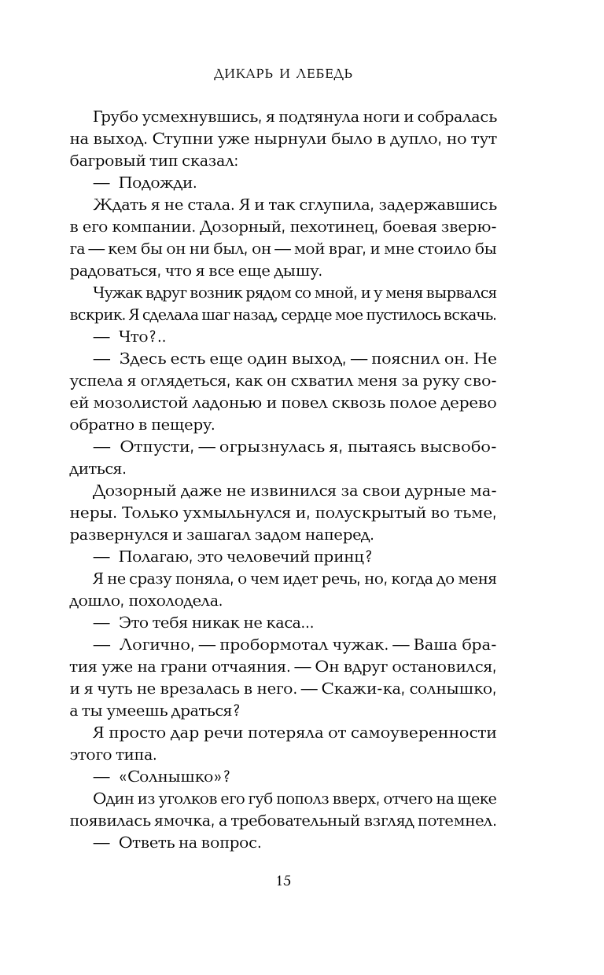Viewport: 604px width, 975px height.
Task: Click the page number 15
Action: [283, 880]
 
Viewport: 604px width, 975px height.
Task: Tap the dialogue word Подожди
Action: [157, 184]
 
